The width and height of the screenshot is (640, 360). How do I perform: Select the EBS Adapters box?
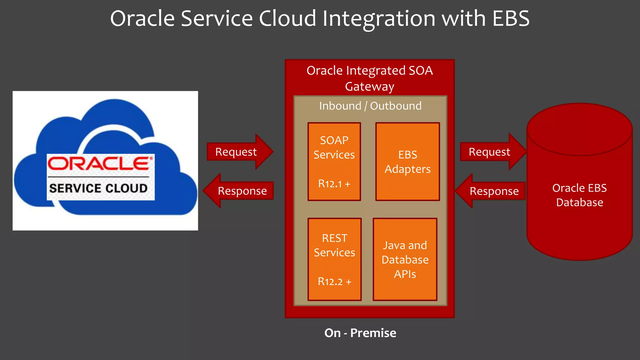pos(407,162)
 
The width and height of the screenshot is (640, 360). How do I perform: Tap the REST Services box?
pos(334,259)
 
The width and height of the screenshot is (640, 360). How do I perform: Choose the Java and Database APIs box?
pos(405,259)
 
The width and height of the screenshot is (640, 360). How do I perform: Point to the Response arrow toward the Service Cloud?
pos(241,191)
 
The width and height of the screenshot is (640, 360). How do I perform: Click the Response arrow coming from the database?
pos(492,191)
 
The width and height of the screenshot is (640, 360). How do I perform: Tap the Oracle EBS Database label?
pos(579,195)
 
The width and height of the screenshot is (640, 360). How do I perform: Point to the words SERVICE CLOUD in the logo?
pos(98,188)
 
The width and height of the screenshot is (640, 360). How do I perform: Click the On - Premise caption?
pos(360,333)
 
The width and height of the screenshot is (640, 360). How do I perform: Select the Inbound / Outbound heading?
pos(370,106)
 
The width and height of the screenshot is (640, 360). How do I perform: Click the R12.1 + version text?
pos(334,184)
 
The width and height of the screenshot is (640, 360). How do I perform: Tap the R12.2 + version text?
pos(334,282)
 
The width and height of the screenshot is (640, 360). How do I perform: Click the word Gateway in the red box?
pos(369,87)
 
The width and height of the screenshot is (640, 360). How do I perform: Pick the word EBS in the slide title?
pos(511,18)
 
